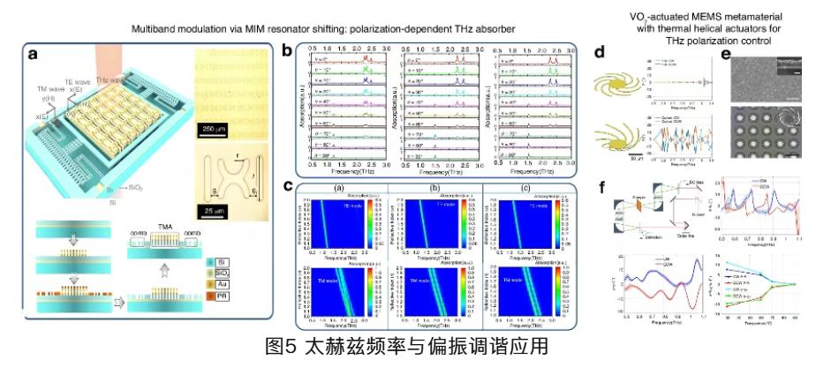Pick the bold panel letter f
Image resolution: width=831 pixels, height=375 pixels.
pyautogui.click(x=601, y=185)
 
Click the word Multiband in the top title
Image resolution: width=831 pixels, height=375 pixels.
pyautogui.click(x=155, y=29)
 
